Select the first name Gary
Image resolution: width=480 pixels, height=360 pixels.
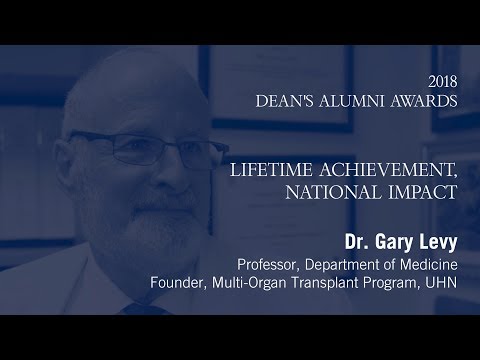click(x=397, y=243)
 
